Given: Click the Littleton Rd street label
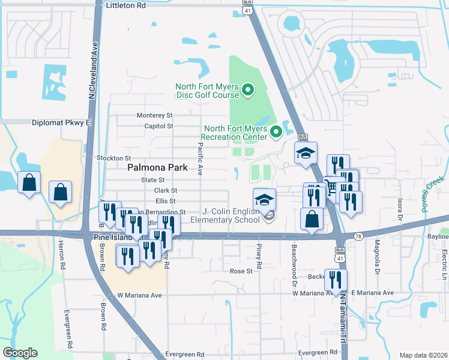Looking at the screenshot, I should [125, 5].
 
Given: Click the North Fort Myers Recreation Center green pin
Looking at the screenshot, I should [276, 132].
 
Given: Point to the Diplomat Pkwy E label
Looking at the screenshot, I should [62, 122].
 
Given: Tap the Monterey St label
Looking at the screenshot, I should [154, 115].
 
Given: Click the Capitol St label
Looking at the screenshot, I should [158, 126].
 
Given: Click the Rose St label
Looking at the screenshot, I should [242, 271].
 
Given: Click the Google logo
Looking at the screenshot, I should [20, 353].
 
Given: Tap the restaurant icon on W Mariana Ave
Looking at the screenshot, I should [336, 279].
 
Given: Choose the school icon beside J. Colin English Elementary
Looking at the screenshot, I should [264, 200].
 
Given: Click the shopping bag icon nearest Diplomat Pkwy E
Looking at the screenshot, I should [29, 181].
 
